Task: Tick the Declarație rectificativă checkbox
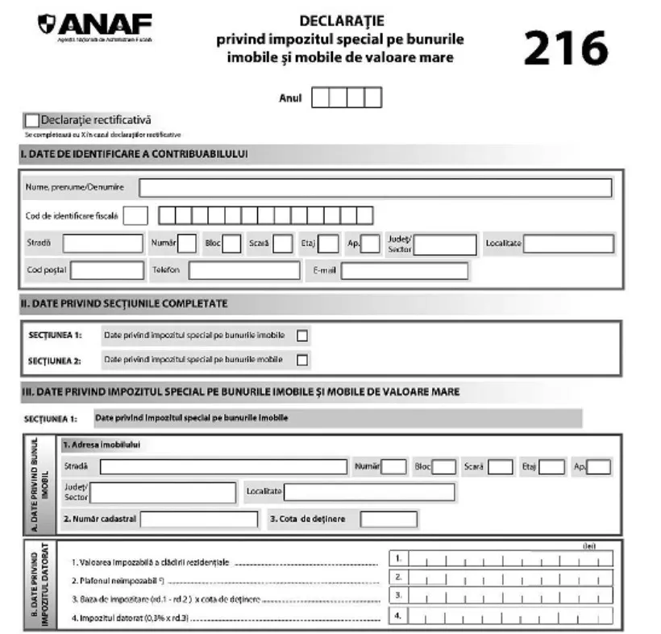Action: coord(32,120)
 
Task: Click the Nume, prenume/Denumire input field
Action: coord(375,188)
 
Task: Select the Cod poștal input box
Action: coord(106,270)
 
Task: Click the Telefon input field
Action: coord(244,270)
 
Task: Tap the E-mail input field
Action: coord(404,270)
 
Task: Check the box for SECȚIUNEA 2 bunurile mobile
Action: coord(302,360)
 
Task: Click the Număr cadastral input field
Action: coord(199,519)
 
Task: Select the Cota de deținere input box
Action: coord(388,519)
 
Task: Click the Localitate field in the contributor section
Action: coord(568,244)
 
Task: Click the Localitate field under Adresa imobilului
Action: coord(368,492)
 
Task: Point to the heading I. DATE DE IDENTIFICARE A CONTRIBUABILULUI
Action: coord(134,153)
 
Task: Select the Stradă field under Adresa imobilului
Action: coord(223,467)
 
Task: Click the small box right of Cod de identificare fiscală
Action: coord(136,215)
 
